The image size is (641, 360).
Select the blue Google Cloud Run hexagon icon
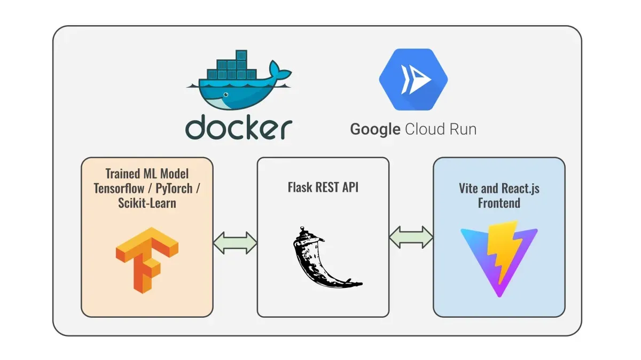point(413,80)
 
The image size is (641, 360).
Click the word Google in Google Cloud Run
point(375,129)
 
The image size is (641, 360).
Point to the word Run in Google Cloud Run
point(460,129)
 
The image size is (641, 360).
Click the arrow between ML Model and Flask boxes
point(235,243)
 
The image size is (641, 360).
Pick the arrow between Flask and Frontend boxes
point(411,237)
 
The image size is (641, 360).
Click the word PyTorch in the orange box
point(174,188)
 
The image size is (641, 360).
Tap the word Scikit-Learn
point(147,203)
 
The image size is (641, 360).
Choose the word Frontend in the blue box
point(499,202)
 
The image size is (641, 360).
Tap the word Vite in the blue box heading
point(468,188)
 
